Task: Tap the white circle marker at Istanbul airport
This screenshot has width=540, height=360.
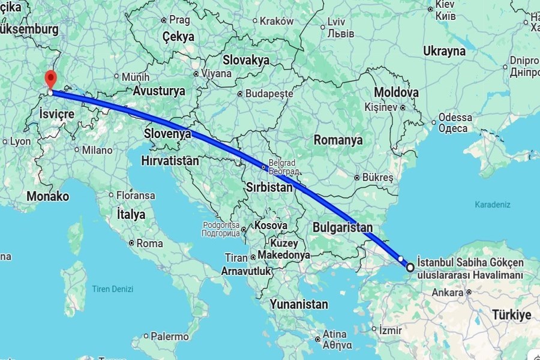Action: click(410, 268)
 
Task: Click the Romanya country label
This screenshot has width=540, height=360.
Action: click(338, 140)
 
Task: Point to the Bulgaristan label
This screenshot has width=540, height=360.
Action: click(342, 227)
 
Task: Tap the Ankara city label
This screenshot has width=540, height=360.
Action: click(448, 293)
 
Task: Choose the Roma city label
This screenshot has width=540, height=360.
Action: click(149, 244)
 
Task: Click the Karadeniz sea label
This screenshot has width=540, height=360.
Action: click(493, 205)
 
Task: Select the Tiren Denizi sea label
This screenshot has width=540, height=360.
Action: click(112, 289)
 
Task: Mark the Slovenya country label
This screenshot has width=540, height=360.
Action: click(167, 133)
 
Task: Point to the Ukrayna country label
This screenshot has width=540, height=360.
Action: click(444, 51)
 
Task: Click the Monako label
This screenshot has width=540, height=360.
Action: click(47, 196)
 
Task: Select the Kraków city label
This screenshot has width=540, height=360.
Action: click(277, 21)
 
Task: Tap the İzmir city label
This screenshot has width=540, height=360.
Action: click(389, 329)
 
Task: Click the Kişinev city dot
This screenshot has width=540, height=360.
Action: click(403, 107)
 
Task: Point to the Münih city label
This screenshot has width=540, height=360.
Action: click(135, 77)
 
